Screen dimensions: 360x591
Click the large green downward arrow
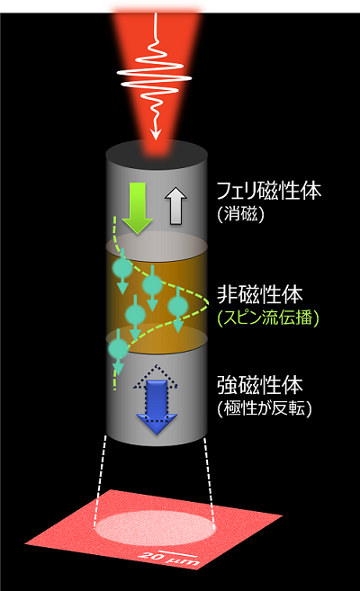click(x=138, y=207)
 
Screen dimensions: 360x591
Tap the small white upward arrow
click(x=175, y=206)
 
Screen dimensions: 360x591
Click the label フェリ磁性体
click(x=269, y=191)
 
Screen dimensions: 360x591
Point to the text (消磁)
click(x=241, y=215)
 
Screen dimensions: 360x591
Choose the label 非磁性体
click(x=260, y=294)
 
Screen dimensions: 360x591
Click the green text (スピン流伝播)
click(x=268, y=318)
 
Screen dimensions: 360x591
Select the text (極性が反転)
click(x=265, y=408)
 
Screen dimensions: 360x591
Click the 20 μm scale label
click(x=168, y=560)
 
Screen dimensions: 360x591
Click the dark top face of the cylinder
click(x=157, y=154)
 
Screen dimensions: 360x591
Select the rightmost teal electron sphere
click(x=178, y=306)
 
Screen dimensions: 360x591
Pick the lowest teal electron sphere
click(x=118, y=349)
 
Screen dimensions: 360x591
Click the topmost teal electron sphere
click(x=122, y=267)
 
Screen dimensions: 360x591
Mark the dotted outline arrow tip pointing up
click(x=156, y=365)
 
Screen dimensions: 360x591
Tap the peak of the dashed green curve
click(x=208, y=302)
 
